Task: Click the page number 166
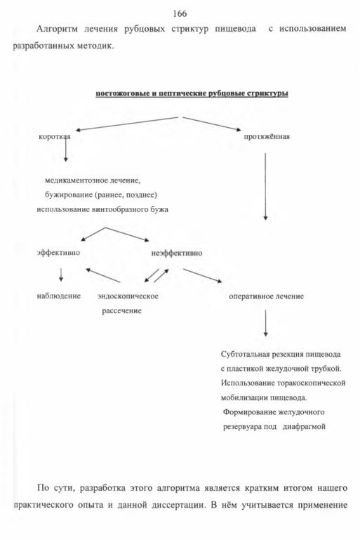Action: pyautogui.click(x=180, y=13)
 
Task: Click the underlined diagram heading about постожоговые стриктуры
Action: pyautogui.click(x=192, y=93)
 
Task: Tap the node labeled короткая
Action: pyautogui.click(x=55, y=136)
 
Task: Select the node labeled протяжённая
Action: pyautogui.click(x=267, y=136)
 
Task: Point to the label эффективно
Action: pyautogui.click(x=58, y=252)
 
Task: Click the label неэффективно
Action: pyautogui.click(x=177, y=253)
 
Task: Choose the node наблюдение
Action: pyautogui.click(x=58, y=296)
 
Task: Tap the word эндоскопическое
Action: pyautogui.click(x=128, y=296)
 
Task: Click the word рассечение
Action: pyautogui.click(x=121, y=310)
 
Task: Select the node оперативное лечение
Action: pyautogui.click(x=266, y=296)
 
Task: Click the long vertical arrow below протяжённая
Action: pyautogui.click(x=265, y=186)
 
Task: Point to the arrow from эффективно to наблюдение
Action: pyautogui.click(x=61, y=275)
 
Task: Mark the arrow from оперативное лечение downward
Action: pyautogui.click(x=265, y=323)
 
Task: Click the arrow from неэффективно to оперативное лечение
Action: pyautogui.click(x=202, y=275)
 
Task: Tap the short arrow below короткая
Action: pyautogui.click(x=65, y=150)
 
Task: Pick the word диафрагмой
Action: pyautogui.click(x=304, y=426)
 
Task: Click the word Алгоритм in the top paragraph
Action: pyautogui.click(x=57, y=29)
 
